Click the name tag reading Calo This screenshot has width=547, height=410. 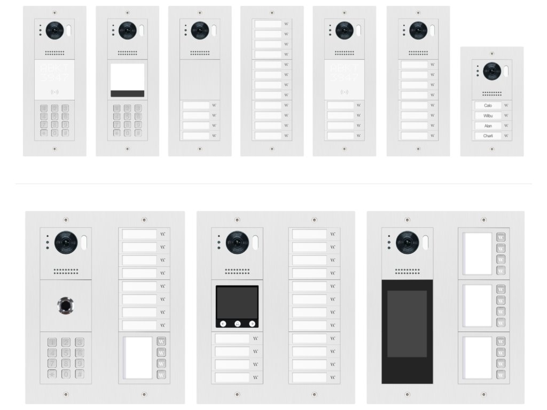488,106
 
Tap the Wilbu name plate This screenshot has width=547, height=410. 488,116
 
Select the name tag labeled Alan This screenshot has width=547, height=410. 488,126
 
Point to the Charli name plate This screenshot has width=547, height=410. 488,136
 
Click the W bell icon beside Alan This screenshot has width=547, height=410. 506,126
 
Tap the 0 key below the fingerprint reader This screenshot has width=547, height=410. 66,374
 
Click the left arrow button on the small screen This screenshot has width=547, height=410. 223,323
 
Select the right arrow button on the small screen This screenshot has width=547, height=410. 252,323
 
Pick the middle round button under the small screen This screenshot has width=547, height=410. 237,323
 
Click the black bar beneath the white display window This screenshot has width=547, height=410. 127,93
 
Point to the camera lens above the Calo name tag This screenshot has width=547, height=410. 491,71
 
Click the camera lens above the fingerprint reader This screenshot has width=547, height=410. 66,242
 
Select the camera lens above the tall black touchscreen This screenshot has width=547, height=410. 407,242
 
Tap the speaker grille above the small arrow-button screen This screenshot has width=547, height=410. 237,271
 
